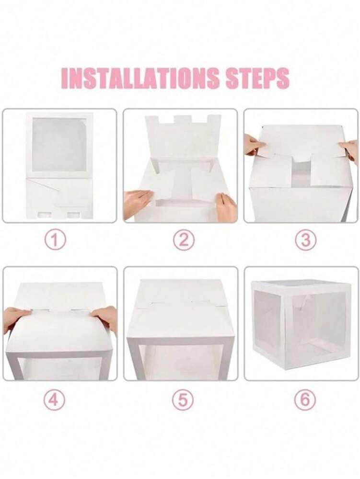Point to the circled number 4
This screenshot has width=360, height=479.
coord(54,400)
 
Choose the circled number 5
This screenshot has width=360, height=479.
coord(183,400)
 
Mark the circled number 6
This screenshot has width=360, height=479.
coord(305,400)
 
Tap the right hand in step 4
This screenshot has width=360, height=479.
coord(106,316)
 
